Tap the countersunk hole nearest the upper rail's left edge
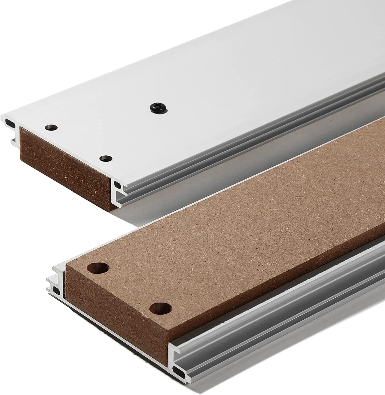[x=51, y=127]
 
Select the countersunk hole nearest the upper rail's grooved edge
[x=106, y=158]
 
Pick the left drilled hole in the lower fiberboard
[x=100, y=268]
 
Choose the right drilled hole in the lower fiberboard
[x=161, y=308]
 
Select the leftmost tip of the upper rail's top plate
[x=2, y=116]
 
